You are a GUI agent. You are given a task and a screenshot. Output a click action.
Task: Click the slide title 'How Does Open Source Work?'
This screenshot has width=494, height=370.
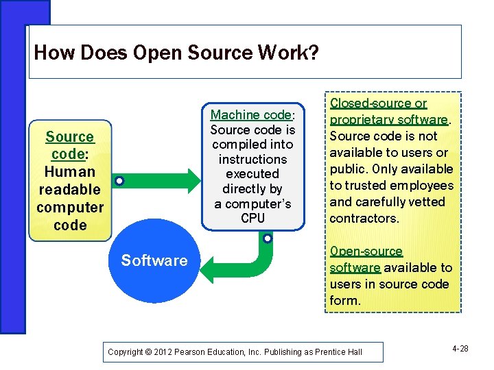176,53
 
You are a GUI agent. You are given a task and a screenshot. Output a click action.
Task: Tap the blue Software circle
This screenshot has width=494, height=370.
154,260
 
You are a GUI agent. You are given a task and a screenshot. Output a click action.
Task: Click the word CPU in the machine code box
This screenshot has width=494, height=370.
252,219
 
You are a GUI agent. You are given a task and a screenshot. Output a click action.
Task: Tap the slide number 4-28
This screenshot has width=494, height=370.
460,349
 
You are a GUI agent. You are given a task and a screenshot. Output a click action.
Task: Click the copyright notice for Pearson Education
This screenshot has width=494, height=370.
235,352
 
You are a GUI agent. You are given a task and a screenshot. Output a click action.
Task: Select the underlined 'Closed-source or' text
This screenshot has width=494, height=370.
378,103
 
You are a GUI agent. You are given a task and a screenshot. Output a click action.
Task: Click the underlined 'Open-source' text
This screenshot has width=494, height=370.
366,251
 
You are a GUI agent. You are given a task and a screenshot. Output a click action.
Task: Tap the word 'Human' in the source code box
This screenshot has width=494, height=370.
70,172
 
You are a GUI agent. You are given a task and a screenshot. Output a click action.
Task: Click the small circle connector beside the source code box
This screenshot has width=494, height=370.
119,182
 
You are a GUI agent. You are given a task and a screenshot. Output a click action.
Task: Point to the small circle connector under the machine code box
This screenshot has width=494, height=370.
267,239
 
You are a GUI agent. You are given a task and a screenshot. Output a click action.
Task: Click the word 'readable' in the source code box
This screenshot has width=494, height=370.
70,190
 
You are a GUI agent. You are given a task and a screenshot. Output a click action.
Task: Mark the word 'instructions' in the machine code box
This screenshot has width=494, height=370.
252,160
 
